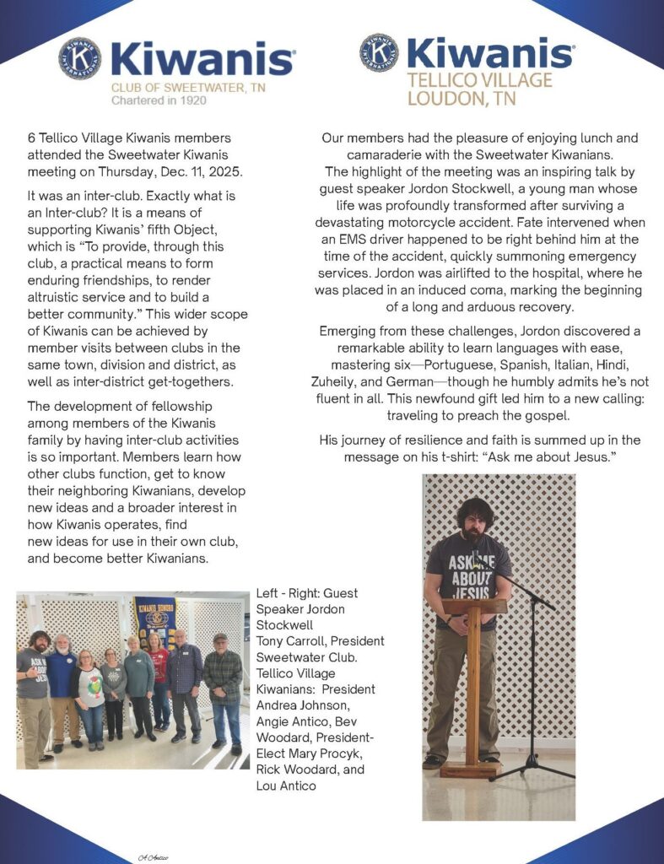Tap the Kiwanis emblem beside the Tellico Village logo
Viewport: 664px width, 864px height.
pos(379,54)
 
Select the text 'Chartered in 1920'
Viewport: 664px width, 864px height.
pos(159,100)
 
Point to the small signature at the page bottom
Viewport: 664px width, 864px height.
pos(154,856)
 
